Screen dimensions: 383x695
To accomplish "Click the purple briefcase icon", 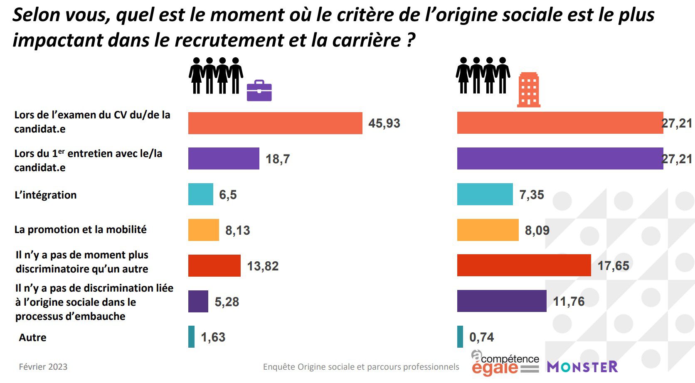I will pyautogui.click(x=259, y=91).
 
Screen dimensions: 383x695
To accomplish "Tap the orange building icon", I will pyautogui.click(x=529, y=90).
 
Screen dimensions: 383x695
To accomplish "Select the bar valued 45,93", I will pyautogui.click(x=275, y=123).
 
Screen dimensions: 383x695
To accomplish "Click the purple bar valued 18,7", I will pyautogui.click(x=224, y=158).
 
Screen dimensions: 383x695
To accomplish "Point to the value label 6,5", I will pyautogui.click(x=228, y=195).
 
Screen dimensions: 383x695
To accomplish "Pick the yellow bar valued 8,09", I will pyautogui.click(x=488, y=230).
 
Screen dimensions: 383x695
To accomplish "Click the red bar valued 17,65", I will pyautogui.click(x=524, y=265).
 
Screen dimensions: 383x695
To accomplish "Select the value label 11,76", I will pyautogui.click(x=569, y=301).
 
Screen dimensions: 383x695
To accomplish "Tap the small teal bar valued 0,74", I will pyautogui.click(x=460, y=336).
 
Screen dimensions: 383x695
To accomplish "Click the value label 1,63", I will pyautogui.click(x=213, y=337).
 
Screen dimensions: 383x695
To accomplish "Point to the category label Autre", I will pyautogui.click(x=32, y=337).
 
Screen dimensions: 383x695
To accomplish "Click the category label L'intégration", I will pyautogui.click(x=45, y=195).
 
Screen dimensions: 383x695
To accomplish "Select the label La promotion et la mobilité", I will pyautogui.click(x=80, y=229).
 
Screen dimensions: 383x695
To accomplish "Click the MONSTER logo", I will pyautogui.click(x=582, y=367).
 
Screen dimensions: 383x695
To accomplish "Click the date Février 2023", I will pyautogui.click(x=43, y=367).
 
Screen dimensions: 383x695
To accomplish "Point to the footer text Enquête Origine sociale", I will pyautogui.click(x=361, y=367).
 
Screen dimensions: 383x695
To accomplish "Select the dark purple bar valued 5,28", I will pyautogui.click(x=198, y=301).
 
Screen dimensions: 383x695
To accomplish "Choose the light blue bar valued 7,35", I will pyautogui.click(x=485, y=194).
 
